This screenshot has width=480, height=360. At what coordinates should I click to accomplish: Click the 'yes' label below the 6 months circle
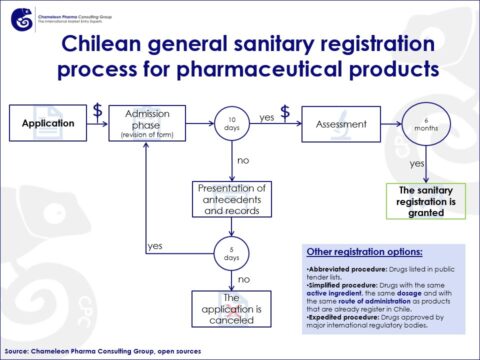click(x=418, y=162)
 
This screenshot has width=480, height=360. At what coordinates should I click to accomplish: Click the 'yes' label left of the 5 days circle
click(x=155, y=245)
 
